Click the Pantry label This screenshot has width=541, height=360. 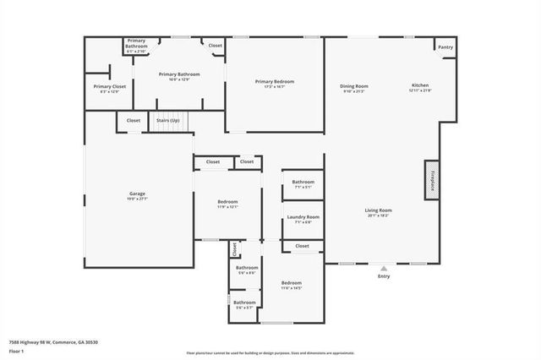click(445, 47)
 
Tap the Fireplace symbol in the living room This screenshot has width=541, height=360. click(432, 180)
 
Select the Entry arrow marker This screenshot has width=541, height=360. click(384, 268)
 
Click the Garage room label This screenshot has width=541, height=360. click(137, 194)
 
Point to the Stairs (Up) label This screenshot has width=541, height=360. click(168, 121)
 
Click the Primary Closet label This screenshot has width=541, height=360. click(109, 86)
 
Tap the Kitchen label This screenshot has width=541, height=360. click(420, 86)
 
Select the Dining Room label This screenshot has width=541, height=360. click(354, 86)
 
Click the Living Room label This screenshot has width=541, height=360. click(379, 210)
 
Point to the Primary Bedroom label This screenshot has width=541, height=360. click(275, 81)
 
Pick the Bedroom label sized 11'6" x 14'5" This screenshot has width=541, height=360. click(292, 283)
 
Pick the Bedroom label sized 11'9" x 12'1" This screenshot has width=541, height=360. click(227, 202)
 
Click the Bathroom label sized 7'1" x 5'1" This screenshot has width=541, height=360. click(303, 183)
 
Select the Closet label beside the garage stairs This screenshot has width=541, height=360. click(134, 121)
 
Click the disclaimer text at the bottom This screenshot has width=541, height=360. click(270, 352)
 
